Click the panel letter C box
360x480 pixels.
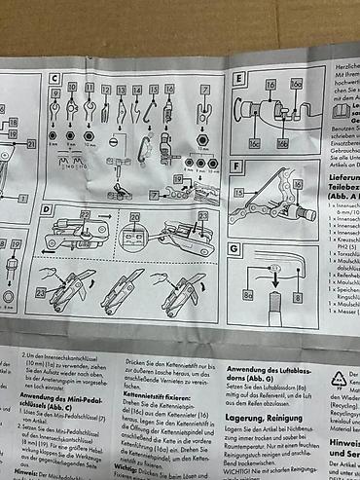(55, 77)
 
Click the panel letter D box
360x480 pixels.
(47, 209)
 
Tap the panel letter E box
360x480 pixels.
(239, 78)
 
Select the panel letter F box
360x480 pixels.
(238, 166)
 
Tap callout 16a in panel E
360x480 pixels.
(296, 86)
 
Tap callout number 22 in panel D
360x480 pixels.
(202, 215)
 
